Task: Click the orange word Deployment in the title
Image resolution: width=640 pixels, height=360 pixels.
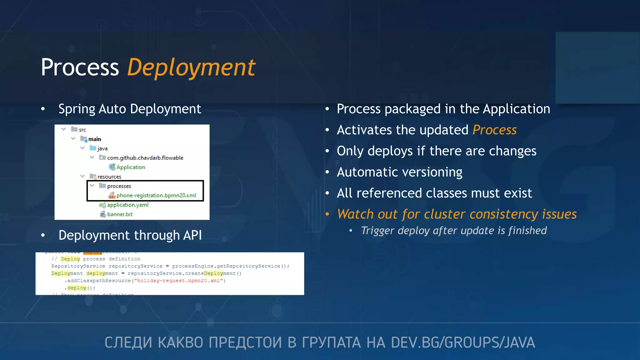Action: click(191, 67)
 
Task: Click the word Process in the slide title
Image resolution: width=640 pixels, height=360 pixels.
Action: click(80, 67)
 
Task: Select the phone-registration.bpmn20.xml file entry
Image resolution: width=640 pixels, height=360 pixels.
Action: click(156, 195)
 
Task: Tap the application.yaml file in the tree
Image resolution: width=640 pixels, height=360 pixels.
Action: click(127, 205)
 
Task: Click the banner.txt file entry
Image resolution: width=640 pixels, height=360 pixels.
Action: click(120, 214)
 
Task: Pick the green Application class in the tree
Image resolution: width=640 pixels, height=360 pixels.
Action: click(131, 167)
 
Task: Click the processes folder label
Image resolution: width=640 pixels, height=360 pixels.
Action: click(119, 186)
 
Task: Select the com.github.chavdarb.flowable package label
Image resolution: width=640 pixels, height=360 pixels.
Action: click(145, 158)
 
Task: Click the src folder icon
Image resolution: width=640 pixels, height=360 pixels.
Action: click(74, 129)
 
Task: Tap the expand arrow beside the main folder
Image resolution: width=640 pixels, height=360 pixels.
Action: click(73, 138)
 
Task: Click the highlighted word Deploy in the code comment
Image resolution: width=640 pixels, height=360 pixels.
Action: click(70, 259)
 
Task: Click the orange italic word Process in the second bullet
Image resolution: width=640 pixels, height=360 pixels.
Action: click(494, 130)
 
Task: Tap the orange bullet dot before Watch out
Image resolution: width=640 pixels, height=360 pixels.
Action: click(327, 214)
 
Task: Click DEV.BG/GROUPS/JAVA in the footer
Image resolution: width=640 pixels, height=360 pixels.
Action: click(463, 342)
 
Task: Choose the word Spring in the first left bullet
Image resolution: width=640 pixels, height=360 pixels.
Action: click(77, 109)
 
